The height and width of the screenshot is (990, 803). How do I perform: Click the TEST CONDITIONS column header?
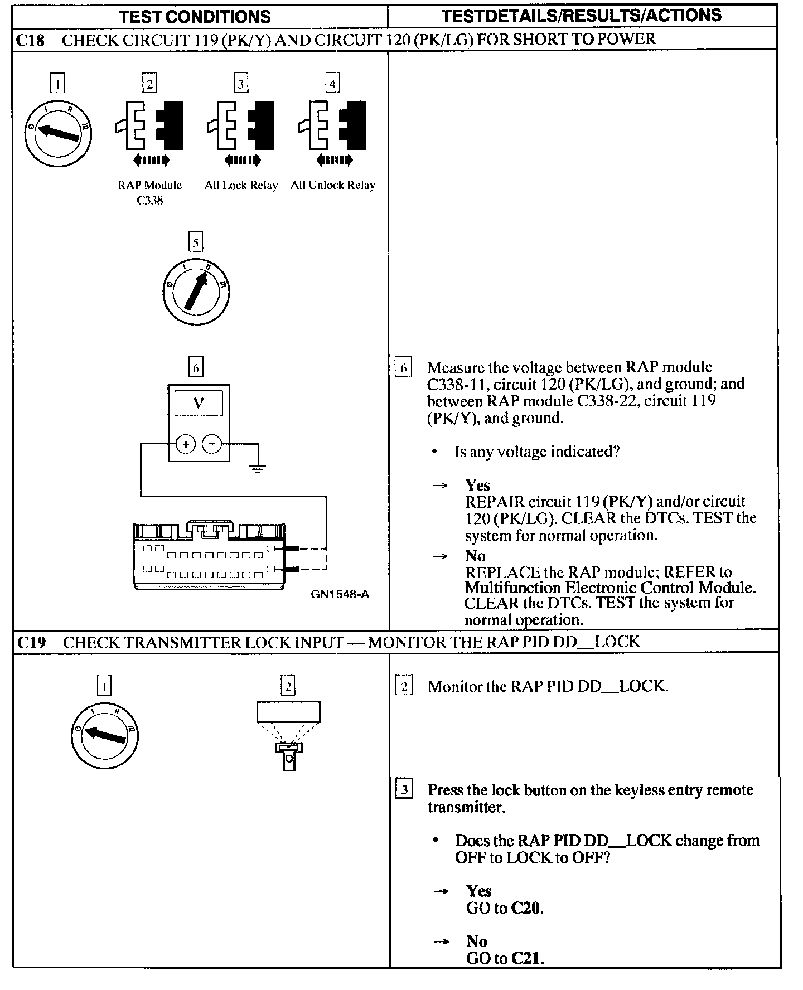coord(195,17)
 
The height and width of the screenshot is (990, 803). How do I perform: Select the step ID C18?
coord(31,40)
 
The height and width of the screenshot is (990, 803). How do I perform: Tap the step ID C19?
coord(31,642)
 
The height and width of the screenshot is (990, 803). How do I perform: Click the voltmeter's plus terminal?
coord(186,444)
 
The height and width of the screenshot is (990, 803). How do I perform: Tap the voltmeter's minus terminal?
coord(211,444)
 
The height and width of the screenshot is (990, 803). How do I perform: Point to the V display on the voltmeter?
coord(199,403)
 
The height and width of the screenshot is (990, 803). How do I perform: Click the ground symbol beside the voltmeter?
coord(258,469)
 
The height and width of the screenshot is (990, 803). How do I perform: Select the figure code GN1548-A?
coord(340,594)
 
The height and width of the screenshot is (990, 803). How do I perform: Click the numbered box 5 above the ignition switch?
coord(196,242)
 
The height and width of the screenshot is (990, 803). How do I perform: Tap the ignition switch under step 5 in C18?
coord(196,291)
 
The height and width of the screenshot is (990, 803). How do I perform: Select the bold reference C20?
coord(526,908)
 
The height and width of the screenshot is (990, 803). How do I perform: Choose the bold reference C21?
coord(526,958)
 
